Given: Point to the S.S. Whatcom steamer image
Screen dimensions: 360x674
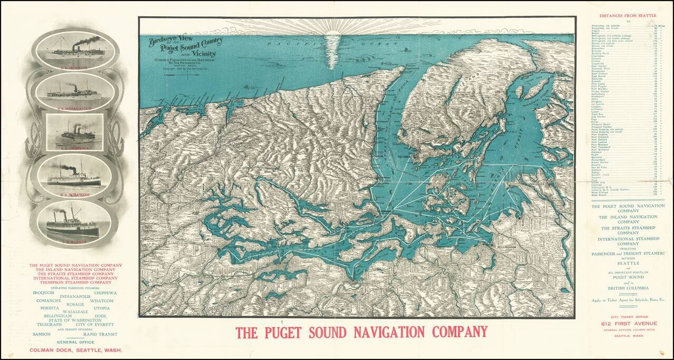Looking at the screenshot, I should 73,174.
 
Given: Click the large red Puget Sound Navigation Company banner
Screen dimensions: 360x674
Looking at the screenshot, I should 361,332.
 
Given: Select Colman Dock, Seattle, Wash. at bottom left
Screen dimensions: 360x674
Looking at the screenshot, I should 76,349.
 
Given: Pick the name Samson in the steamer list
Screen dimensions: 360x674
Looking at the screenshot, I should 41,334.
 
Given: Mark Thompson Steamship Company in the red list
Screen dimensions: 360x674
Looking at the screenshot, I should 76,283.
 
